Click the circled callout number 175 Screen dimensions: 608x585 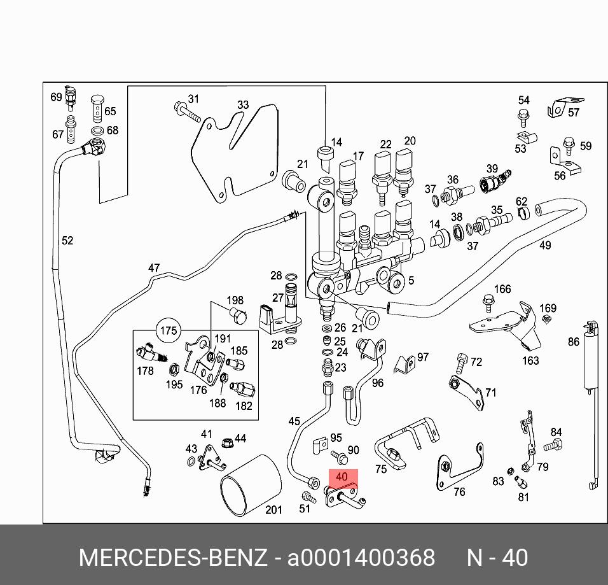[x=169, y=331]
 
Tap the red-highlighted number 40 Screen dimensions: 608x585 [x=342, y=477]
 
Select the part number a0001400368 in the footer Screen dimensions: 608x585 [x=361, y=558]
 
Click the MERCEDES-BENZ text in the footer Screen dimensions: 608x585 [x=172, y=558]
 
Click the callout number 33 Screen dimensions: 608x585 [x=243, y=105]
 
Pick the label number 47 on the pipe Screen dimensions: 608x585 [x=154, y=268]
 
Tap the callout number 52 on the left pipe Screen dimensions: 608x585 [x=67, y=241]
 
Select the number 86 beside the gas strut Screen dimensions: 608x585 [x=574, y=342]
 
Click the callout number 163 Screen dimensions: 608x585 [x=530, y=360]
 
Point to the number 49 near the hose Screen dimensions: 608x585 [x=545, y=246]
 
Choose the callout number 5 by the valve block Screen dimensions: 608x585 [x=411, y=280]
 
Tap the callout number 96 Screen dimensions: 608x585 [x=378, y=383]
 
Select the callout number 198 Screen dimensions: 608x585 [x=235, y=300]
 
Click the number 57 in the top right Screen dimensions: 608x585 [x=574, y=113]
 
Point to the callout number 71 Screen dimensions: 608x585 [x=490, y=393]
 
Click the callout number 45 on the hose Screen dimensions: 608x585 [x=294, y=421]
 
